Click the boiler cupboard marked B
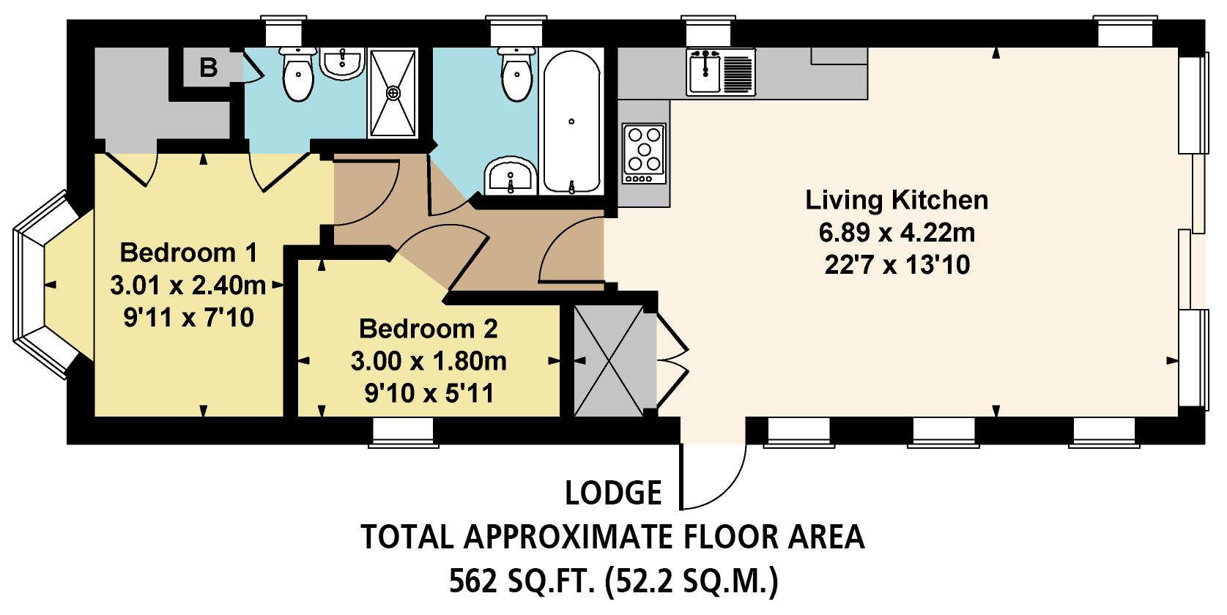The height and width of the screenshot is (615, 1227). click(x=209, y=68)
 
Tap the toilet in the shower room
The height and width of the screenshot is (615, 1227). click(x=298, y=76)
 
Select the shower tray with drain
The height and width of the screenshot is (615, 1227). click(x=394, y=93)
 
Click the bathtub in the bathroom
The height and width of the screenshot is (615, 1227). click(x=572, y=122)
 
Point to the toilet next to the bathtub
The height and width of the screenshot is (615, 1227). click(x=517, y=76)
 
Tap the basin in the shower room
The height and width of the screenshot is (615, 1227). click(x=342, y=63)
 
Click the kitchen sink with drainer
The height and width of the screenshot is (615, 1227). click(x=721, y=72)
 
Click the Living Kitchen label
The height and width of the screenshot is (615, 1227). click(x=897, y=200)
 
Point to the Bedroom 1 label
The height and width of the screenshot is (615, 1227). click(x=189, y=253)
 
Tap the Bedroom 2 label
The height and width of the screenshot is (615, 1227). click(x=429, y=329)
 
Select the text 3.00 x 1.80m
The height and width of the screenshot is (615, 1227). click(x=429, y=362)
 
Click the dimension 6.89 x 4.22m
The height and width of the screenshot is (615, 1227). click(x=897, y=234)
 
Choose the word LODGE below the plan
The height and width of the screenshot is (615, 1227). click(x=613, y=493)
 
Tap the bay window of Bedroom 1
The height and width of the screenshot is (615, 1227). click(x=44, y=286)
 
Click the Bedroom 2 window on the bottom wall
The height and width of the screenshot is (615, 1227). click(x=404, y=432)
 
